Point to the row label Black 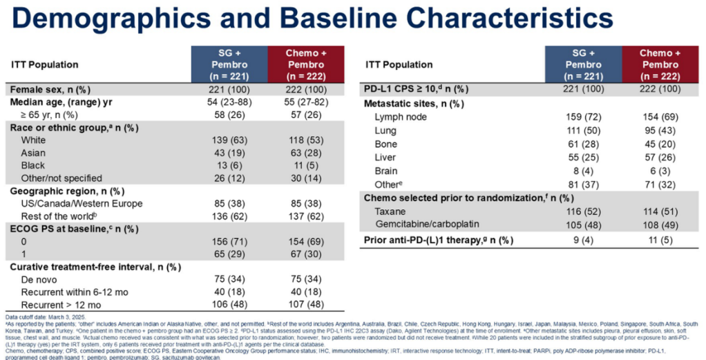[33, 165]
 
